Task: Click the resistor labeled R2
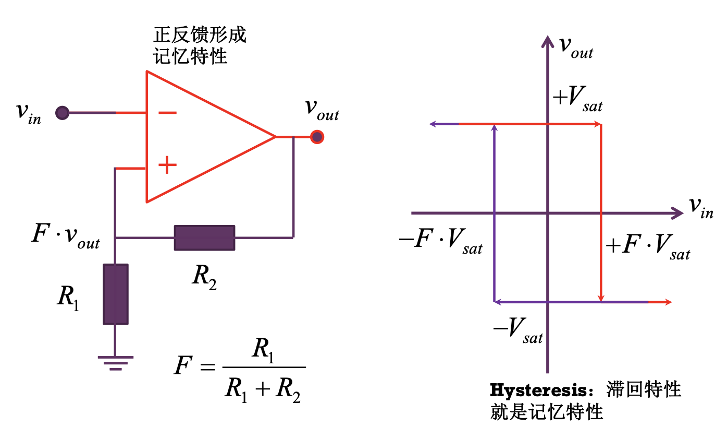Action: pos(204,238)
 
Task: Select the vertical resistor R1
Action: pos(115,294)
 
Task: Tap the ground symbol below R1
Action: pos(115,362)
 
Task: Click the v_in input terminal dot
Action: pos(63,113)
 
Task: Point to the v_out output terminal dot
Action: pos(317,137)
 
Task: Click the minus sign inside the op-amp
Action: pos(167,113)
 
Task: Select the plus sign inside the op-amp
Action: pos(167,166)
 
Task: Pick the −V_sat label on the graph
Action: pos(517,330)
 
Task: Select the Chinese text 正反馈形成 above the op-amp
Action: pos(200,35)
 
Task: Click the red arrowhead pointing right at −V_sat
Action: pos(669,302)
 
